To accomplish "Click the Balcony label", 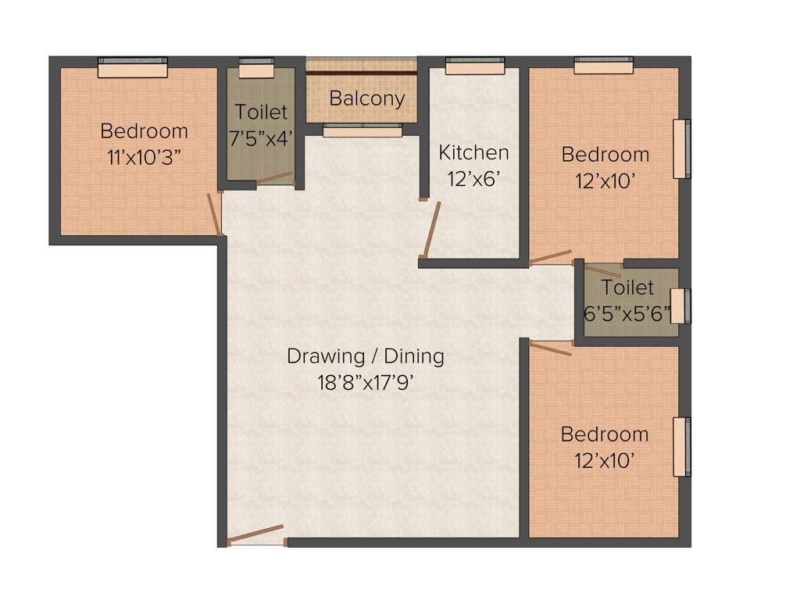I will (366, 99).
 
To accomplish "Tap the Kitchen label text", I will (473, 152).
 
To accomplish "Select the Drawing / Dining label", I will (366, 356).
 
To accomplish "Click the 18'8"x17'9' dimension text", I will (366, 383).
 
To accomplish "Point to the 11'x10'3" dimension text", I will (145, 157).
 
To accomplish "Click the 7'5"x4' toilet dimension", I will (261, 138).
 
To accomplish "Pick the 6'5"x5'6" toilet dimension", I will (627, 312).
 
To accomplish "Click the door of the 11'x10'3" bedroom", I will (214, 213).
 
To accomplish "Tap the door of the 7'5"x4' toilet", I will (275, 179).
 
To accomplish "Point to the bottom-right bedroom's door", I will (551, 348).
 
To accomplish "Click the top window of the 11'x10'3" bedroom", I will (133, 68).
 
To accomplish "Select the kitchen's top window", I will (475, 66).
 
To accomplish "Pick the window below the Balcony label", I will (362, 130).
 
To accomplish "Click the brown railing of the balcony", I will (361, 73).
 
